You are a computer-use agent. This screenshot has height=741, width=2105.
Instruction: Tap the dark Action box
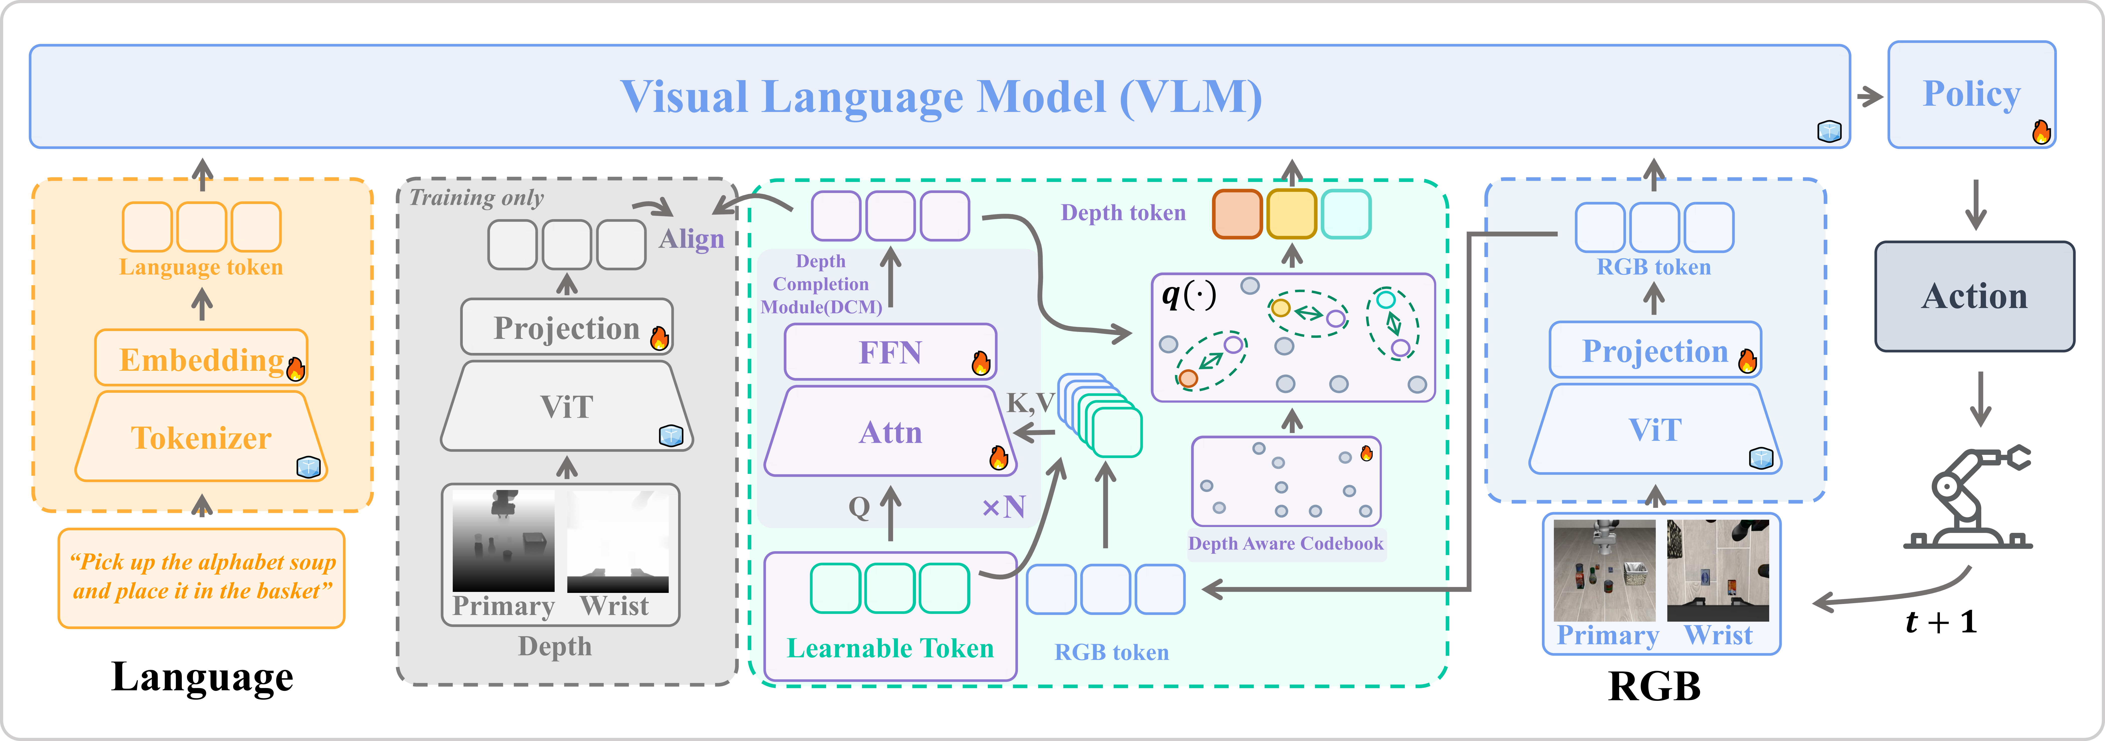click(1974, 296)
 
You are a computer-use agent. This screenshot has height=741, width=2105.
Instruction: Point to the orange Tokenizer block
click(201, 437)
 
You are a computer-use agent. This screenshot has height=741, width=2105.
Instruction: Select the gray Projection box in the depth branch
click(567, 327)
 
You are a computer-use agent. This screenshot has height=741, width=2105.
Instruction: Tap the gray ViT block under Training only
click(567, 406)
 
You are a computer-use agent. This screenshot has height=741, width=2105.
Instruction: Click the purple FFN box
click(890, 352)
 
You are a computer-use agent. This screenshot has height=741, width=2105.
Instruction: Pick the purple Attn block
click(890, 431)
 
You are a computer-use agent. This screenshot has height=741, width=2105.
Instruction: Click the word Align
click(691, 239)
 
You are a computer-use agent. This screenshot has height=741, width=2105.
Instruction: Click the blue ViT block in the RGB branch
click(1656, 429)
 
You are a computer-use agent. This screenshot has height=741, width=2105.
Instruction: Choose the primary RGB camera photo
click(1604, 570)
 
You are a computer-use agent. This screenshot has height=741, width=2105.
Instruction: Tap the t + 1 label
click(1941, 623)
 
